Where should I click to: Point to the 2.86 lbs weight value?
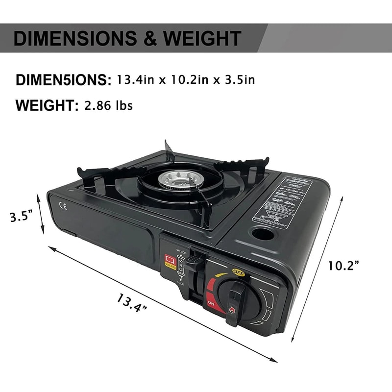[108, 105]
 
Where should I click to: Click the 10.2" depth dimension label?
[344, 266]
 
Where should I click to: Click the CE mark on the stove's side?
[63, 206]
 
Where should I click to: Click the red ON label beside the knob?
[211, 304]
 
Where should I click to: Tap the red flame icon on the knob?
[232, 309]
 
